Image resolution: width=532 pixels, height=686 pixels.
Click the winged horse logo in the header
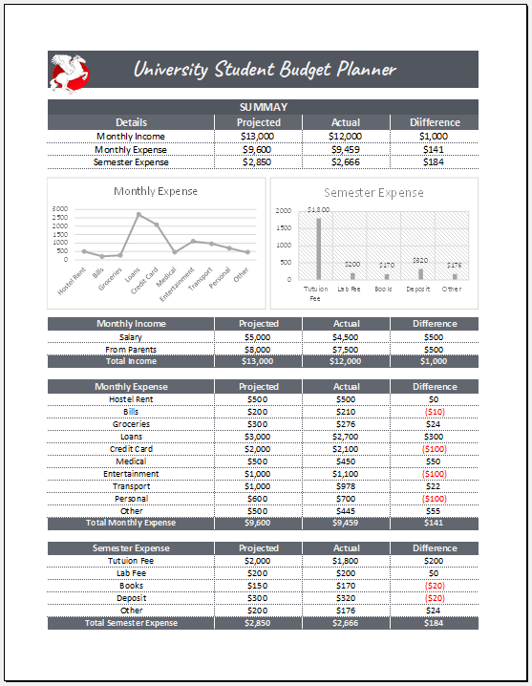tap(70, 73)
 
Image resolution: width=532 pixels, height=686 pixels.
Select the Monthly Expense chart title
tap(156, 191)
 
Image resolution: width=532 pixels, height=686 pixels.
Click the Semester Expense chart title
tap(373, 192)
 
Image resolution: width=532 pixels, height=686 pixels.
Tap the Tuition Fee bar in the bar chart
tap(318, 248)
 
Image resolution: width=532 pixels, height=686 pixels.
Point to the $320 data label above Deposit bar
tap(420, 260)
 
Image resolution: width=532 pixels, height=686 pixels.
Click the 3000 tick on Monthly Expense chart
tap(60, 208)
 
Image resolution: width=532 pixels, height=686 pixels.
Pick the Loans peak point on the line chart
tap(138, 214)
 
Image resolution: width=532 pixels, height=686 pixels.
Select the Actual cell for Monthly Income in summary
tap(346, 136)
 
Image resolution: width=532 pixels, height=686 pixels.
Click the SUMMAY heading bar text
tap(263, 107)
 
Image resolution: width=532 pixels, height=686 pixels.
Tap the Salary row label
tap(131, 336)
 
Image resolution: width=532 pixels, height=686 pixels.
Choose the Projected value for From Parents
tap(258, 349)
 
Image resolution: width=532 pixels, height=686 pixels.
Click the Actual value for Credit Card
tap(346, 449)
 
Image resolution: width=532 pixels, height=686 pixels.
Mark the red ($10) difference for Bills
tap(435, 412)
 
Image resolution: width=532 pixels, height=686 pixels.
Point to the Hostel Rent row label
tap(131, 399)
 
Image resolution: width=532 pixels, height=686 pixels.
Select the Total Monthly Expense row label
tap(131, 523)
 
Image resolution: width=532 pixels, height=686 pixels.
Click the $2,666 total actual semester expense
tap(346, 623)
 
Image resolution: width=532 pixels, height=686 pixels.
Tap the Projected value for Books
tap(258, 586)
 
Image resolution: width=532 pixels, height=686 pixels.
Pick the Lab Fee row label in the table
tap(131, 573)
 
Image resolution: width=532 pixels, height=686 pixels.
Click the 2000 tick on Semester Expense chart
tap(284, 210)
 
